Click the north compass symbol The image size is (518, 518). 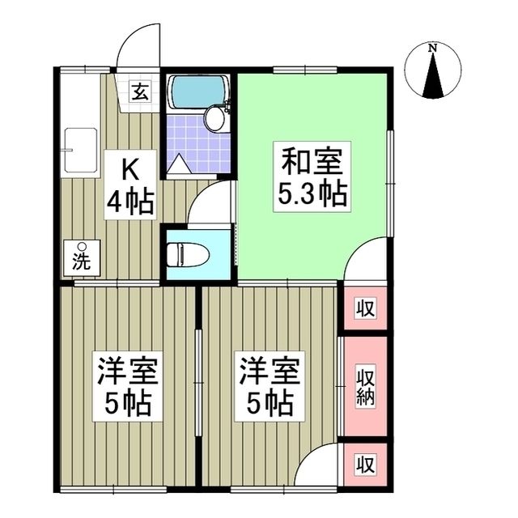pos(434,73)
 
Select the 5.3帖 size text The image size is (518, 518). pos(312,194)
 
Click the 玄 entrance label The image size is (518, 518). pos(140,91)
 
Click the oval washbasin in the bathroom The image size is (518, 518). pos(215,120)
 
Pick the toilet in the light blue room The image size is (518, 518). pos(186,254)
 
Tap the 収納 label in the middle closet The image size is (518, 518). pos(365,387)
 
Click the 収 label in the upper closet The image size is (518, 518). pos(365,308)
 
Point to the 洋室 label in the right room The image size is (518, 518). pos(268,373)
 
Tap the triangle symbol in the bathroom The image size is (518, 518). pos(180,164)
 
